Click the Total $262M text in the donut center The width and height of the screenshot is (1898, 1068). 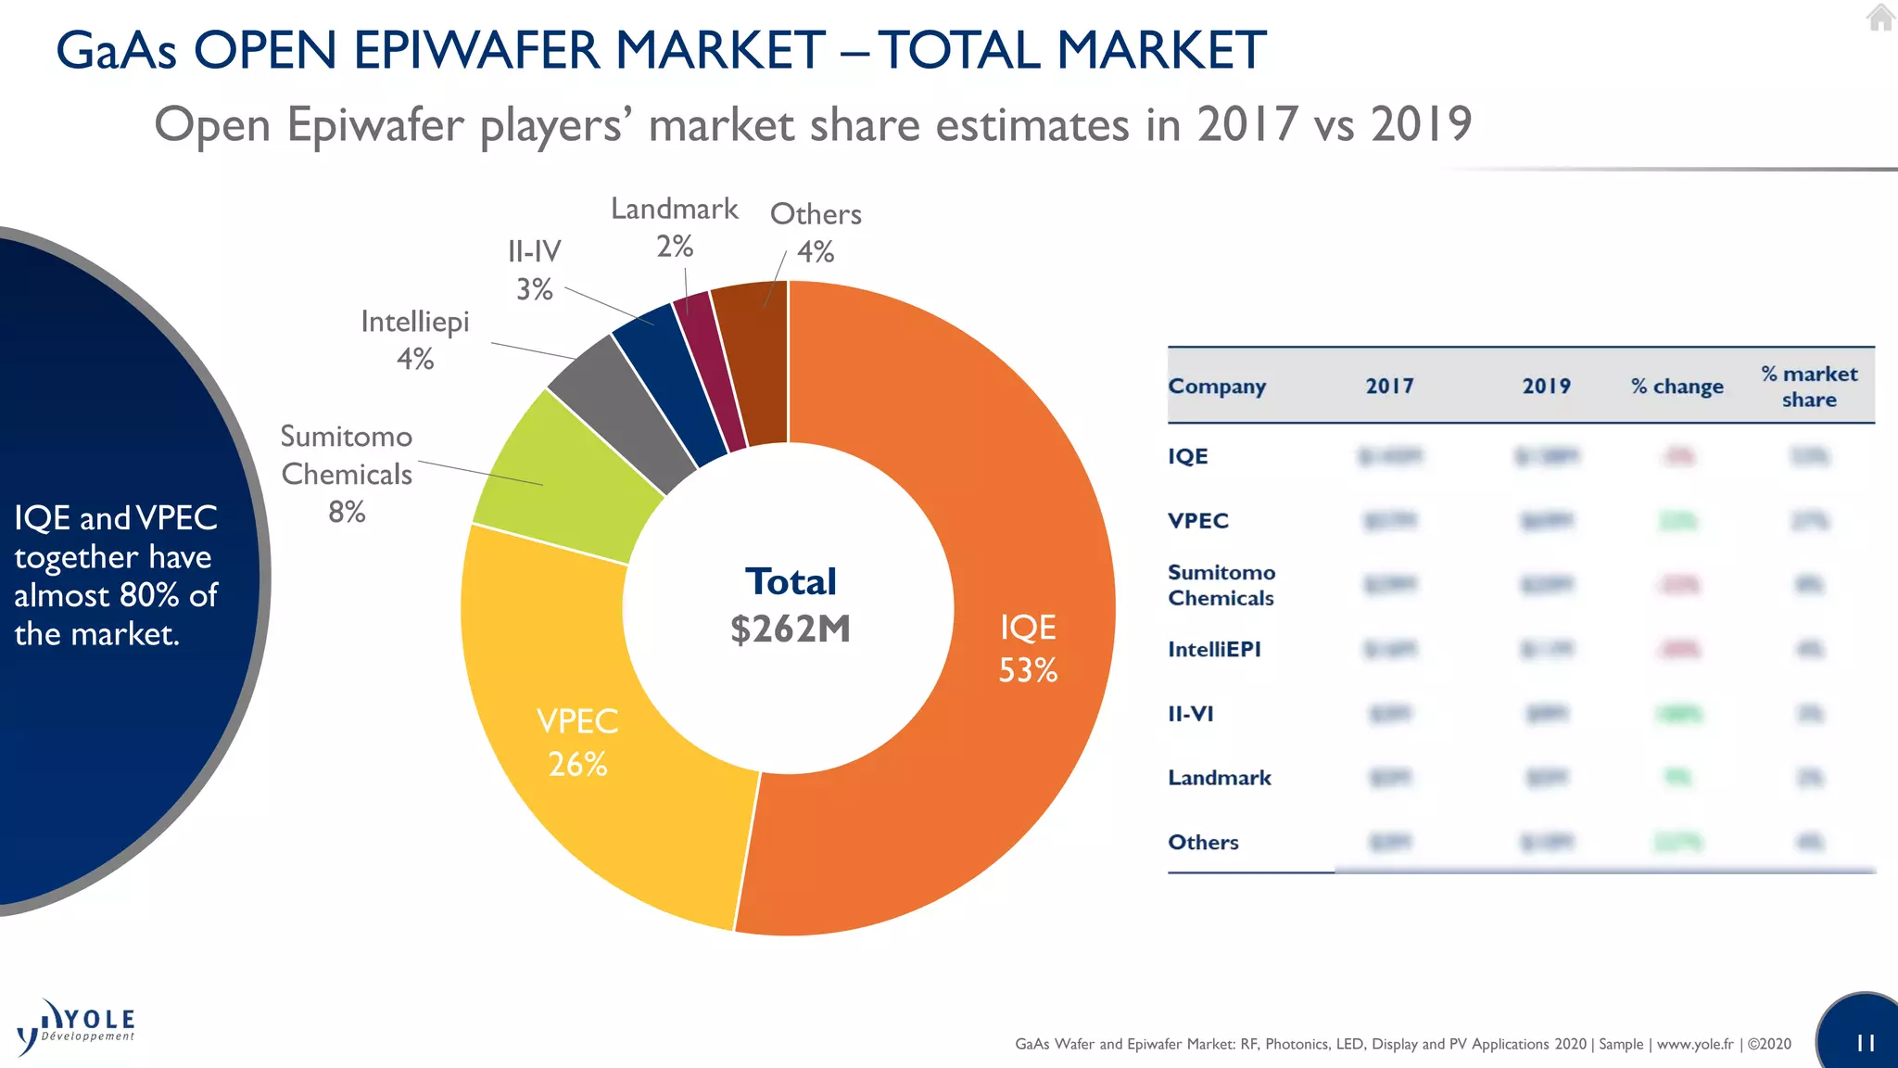(x=790, y=605)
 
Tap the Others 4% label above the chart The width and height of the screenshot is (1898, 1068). (x=816, y=232)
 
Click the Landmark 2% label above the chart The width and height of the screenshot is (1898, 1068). (x=675, y=227)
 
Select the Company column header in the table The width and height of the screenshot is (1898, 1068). (x=1217, y=387)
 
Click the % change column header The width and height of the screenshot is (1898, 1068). (x=1677, y=387)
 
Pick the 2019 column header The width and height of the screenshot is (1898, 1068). (x=1546, y=387)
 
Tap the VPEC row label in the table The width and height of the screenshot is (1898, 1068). (x=1197, y=520)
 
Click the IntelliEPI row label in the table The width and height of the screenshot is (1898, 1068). (x=1214, y=649)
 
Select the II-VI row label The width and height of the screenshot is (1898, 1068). (x=1190, y=713)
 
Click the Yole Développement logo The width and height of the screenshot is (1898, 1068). (x=76, y=1027)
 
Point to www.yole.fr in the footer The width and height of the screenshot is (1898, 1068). (x=1694, y=1044)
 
